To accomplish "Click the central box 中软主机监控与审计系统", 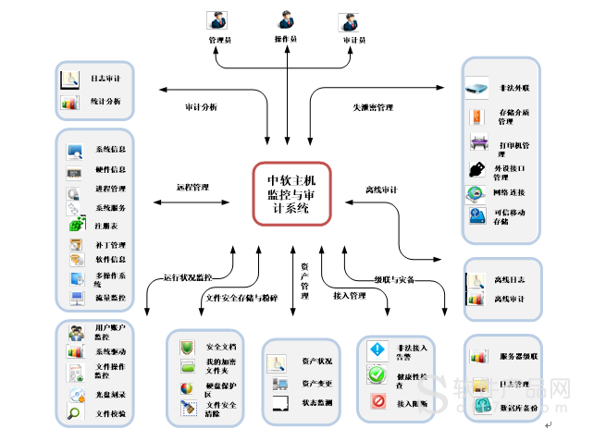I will (x=291, y=193).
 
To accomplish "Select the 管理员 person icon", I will (x=218, y=22).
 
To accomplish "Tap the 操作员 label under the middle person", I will (x=286, y=40).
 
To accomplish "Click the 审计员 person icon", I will (x=348, y=22).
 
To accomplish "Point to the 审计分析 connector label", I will (x=201, y=107).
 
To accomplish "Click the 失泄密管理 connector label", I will (x=373, y=107).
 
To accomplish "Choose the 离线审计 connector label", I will (x=381, y=190).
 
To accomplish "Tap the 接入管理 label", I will (x=350, y=296).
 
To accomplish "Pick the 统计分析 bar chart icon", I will (x=71, y=103).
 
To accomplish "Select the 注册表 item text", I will (x=106, y=226).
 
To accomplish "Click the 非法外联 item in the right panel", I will (x=513, y=89).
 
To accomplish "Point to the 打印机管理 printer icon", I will (x=478, y=143).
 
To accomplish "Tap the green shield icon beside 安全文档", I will (x=187, y=347).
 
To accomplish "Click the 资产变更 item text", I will (x=316, y=383).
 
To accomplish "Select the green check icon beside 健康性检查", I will (x=377, y=375).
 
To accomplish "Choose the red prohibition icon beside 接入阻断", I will (x=377, y=401).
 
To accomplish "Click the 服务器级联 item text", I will (x=519, y=356).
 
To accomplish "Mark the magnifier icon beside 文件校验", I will (x=73, y=413).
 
